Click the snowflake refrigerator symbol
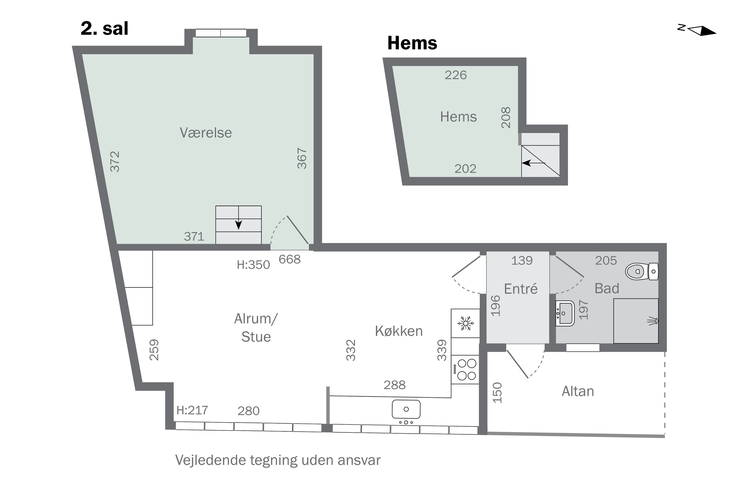coord(465,323)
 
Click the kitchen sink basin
coord(406,409)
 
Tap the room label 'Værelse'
coord(206,133)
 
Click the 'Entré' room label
coord(521,289)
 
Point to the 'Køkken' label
coord(399,331)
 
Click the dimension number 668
coord(290,259)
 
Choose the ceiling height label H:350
coord(253,265)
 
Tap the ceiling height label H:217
coord(192,410)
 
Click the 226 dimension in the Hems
coord(455,75)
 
